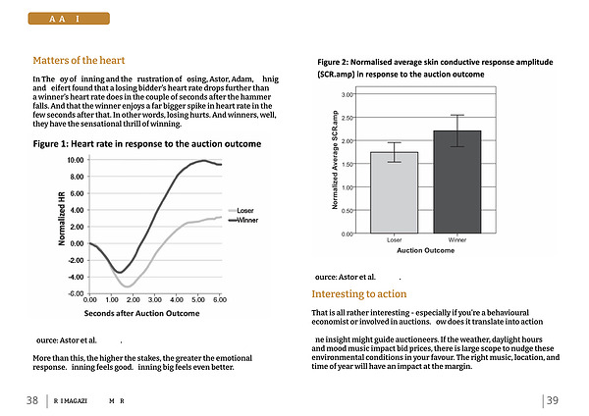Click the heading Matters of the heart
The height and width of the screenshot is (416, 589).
click(79, 60)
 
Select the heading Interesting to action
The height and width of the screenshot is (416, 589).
click(358, 294)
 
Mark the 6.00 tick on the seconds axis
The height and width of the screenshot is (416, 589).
click(219, 299)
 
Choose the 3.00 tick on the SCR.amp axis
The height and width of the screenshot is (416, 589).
click(348, 94)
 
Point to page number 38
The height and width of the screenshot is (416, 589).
click(32, 399)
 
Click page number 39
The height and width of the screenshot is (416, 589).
click(553, 399)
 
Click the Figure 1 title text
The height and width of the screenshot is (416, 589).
click(147, 144)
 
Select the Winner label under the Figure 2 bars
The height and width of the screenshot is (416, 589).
click(456, 239)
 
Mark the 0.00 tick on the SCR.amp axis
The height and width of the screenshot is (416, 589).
click(348, 234)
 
